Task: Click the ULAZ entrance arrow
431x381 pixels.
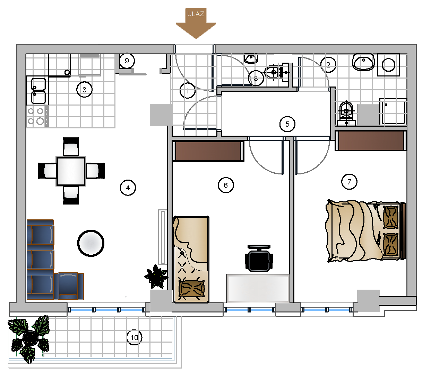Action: (196, 24)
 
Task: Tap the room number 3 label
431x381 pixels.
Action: (85, 89)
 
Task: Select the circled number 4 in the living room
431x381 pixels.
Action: (128, 188)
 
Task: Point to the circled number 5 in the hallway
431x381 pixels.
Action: (287, 124)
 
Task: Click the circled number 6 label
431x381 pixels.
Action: (226, 185)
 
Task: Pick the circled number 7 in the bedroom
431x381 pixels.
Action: (349, 182)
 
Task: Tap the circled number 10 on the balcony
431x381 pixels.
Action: (135, 337)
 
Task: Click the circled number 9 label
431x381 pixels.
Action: (127, 61)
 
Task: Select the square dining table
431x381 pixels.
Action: (71, 171)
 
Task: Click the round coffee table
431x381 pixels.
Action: (90, 243)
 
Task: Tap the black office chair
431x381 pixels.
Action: (259, 258)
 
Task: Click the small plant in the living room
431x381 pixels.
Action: (156, 276)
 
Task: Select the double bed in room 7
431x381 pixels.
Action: (365, 231)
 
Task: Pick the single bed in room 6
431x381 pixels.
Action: (191, 259)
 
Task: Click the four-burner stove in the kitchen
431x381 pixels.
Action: (37, 116)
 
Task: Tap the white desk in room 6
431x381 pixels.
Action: (258, 288)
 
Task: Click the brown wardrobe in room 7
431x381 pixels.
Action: (371, 140)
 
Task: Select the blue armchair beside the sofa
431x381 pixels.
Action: (69, 286)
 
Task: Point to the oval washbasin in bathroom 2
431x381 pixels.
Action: (364, 62)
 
